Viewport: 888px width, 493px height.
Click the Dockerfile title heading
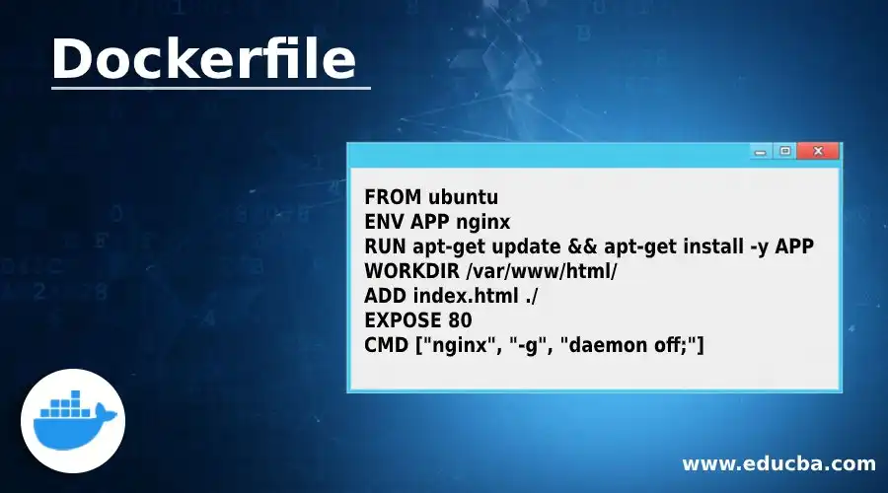coord(202,60)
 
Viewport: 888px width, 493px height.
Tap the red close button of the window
coord(819,152)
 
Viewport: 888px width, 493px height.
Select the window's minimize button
coord(761,152)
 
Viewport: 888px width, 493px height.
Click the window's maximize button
coord(785,152)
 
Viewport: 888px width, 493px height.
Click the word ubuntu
coord(457,194)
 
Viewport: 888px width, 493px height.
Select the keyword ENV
coord(381,220)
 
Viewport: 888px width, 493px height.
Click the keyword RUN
coord(382,246)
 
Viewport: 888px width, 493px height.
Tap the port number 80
coord(459,320)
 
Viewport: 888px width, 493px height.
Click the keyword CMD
coord(384,345)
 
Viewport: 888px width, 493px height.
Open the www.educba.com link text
coord(778,463)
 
